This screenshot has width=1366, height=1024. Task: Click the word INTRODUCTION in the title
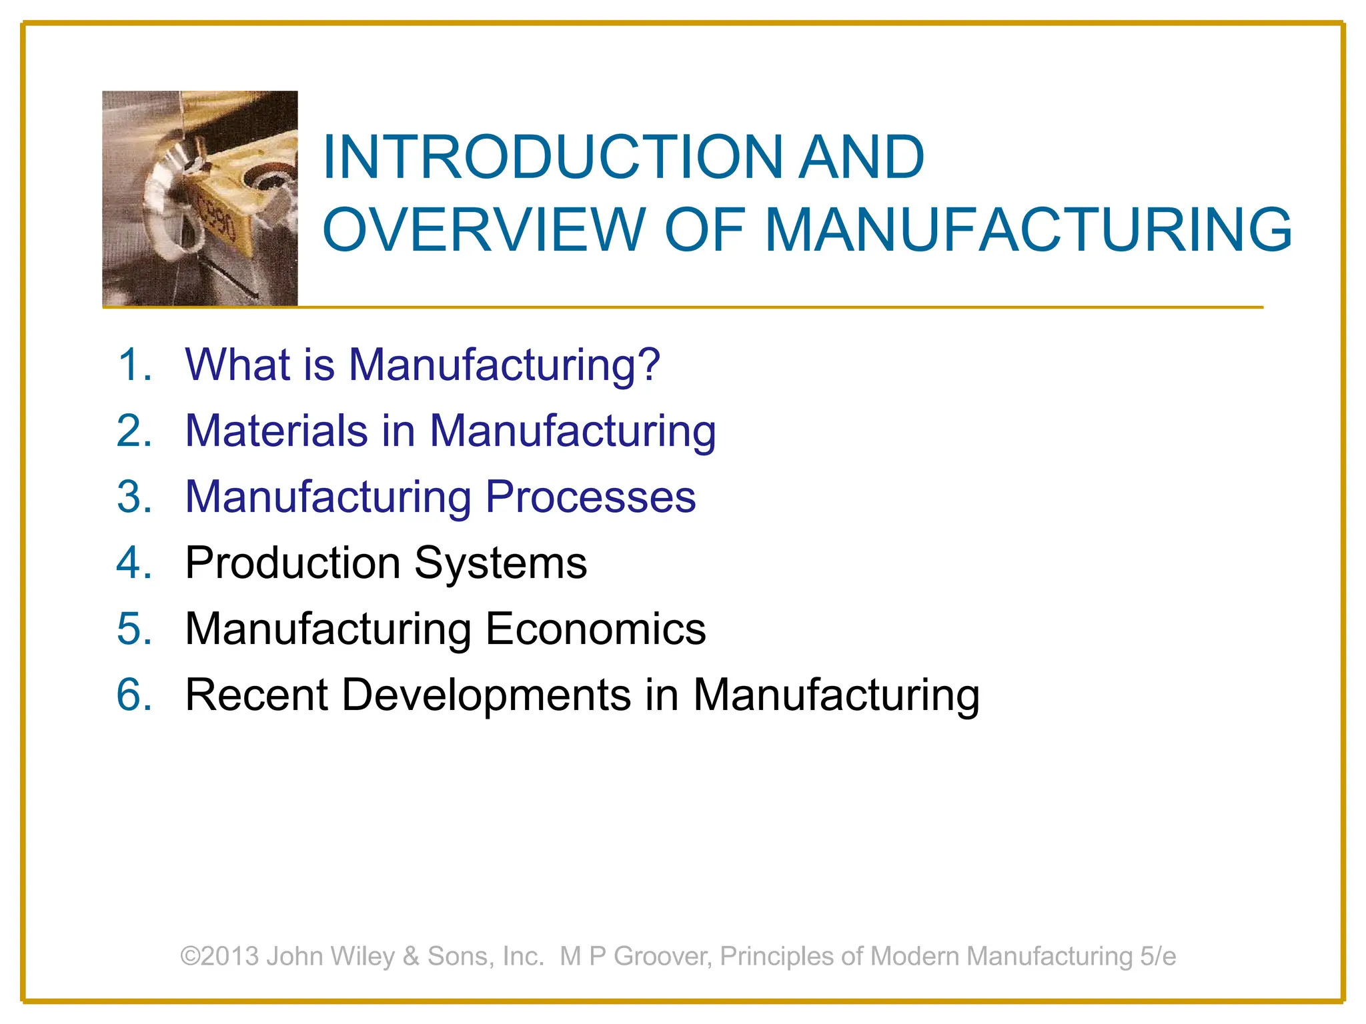(552, 157)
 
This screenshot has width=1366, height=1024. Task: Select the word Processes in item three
(590, 497)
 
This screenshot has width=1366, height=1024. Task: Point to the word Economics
(595, 629)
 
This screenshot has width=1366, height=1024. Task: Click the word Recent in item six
(257, 695)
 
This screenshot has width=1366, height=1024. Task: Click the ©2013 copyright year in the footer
(219, 956)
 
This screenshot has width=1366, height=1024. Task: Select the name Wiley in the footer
(363, 957)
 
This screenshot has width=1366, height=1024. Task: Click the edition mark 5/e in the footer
(1158, 956)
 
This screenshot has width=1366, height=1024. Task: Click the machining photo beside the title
(199, 199)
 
